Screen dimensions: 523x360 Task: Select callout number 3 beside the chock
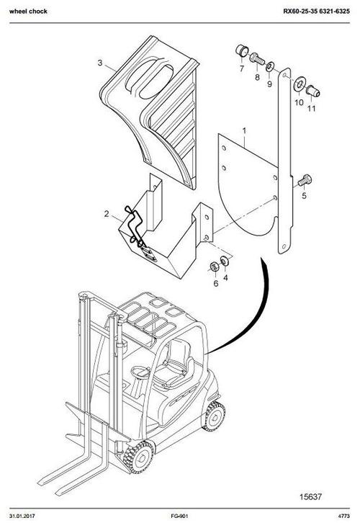100,63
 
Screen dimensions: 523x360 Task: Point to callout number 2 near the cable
107,214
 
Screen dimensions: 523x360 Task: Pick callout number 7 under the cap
242,69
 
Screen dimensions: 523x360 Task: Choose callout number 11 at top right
311,109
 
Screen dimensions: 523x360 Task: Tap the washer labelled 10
298,88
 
